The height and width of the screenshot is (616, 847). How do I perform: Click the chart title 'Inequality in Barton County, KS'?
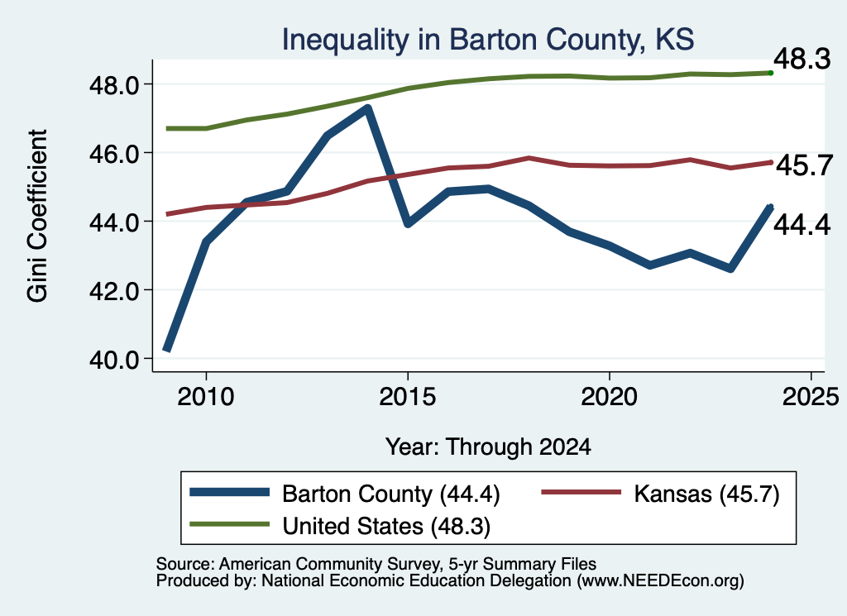pyautogui.click(x=488, y=41)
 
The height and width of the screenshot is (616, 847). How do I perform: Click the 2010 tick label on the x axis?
pyautogui.click(x=206, y=397)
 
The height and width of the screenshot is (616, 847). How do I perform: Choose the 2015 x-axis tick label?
pyautogui.click(x=407, y=397)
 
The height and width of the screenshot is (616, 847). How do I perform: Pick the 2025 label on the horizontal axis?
pyautogui.click(x=811, y=397)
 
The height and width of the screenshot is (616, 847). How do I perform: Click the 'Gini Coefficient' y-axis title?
pyautogui.click(x=37, y=216)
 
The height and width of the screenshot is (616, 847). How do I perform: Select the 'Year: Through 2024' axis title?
pyautogui.click(x=488, y=447)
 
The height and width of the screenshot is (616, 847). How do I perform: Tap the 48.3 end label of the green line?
pyautogui.click(x=802, y=59)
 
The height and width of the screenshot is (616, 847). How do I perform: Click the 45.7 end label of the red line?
pyautogui.click(x=804, y=165)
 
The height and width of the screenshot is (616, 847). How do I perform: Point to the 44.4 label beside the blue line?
pyautogui.click(x=802, y=225)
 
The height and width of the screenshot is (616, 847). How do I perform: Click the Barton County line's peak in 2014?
pyautogui.click(x=367, y=108)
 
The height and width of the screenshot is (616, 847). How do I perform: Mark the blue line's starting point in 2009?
pyautogui.click(x=167, y=349)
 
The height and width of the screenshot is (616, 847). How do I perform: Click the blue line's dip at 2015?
pyautogui.click(x=408, y=222)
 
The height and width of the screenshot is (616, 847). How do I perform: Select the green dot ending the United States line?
pyautogui.click(x=771, y=73)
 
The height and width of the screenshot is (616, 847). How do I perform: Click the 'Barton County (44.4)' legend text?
pyautogui.click(x=391, y=494)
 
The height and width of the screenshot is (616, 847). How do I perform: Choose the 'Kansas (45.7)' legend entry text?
pyautogui.click(x=706, y=494)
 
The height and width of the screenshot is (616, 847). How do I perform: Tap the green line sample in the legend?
pyautogui.click(x=230, y=524)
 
